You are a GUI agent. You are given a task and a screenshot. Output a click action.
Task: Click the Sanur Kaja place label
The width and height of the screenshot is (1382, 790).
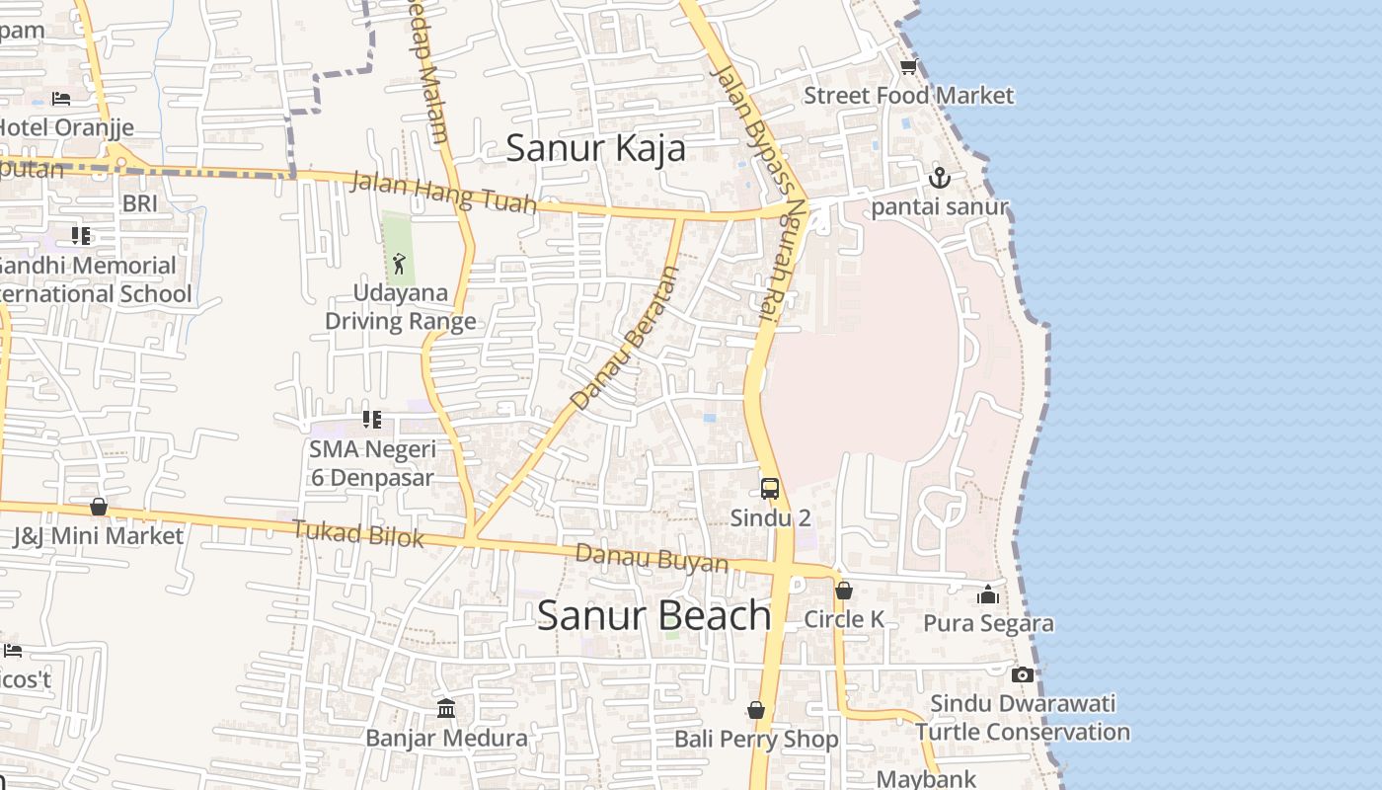[595, 148]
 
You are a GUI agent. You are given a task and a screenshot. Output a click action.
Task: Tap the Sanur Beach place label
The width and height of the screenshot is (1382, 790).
[653, 615]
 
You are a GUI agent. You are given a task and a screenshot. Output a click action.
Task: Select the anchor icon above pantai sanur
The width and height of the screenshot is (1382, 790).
[939, 178]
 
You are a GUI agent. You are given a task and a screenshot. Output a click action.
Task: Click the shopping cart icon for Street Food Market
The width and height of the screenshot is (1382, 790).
[908, 67]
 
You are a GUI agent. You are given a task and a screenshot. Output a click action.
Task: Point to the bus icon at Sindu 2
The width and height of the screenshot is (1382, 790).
[769, 488]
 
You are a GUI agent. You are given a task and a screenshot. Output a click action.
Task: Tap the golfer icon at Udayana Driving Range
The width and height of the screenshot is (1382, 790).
[399, 264]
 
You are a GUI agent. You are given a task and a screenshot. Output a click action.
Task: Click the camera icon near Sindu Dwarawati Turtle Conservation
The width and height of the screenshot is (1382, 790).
[1023, 675]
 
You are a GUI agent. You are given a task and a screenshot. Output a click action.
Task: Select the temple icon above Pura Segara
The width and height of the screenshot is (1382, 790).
[988, 594]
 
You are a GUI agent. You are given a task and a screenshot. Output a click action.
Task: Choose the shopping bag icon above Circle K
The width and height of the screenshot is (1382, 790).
[843, 591]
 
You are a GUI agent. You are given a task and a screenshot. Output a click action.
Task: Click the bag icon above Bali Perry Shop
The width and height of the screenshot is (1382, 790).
[755, 710]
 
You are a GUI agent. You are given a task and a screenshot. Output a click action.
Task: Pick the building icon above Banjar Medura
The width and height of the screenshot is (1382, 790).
[446, 708]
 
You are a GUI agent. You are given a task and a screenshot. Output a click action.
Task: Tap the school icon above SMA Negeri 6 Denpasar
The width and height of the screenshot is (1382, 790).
[371, 420]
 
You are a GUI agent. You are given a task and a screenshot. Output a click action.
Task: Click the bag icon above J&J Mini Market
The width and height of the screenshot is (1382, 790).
[98, 507]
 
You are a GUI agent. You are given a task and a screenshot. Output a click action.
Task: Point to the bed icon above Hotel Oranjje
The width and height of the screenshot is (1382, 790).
[61, 99]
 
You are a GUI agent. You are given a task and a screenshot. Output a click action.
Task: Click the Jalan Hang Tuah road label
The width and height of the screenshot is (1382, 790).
[443, 193]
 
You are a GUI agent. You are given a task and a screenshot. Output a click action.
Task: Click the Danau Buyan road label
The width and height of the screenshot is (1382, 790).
[652, 558]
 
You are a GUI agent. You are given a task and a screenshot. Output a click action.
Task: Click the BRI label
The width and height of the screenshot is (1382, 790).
[139, 203]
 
